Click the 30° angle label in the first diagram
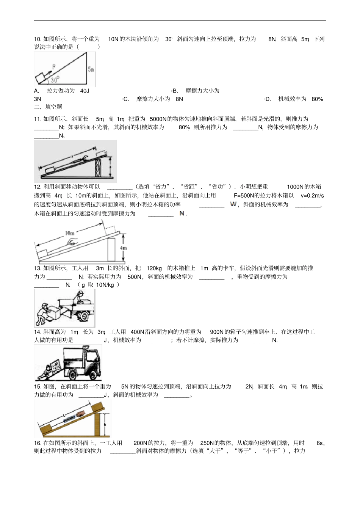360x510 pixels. [x=55, y=80]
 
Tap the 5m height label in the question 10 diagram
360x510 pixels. [x=91, y=69]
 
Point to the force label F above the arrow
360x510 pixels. [x=54, y=67]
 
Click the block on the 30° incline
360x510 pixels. [x=41, y=79]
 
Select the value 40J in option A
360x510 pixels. [x=85, y=91]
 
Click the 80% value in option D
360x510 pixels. [x=317, y=99]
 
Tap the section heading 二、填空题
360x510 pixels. [x=48, y=107]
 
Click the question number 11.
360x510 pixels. [x=38, y=119]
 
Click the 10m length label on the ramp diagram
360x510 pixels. [x=70, y=233]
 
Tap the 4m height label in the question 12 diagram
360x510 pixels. [x=124, y=248]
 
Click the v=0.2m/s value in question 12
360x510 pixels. [x=312, y=196]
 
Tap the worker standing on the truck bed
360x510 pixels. [x=80, y=297]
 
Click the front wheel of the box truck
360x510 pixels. [x=92, y=375]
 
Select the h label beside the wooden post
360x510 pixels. [x=105, y=425]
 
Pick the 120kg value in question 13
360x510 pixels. [x=154, y=268]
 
